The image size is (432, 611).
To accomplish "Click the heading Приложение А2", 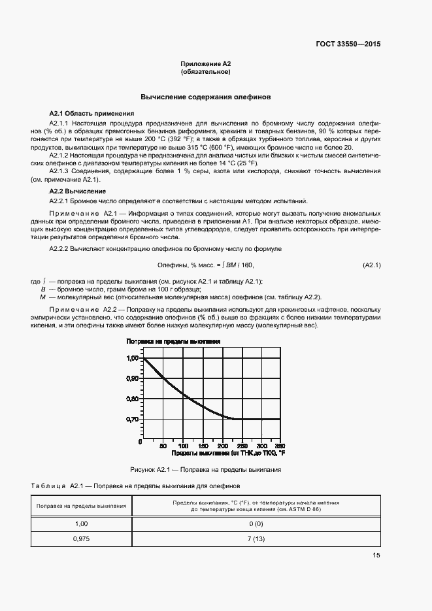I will point(207,63).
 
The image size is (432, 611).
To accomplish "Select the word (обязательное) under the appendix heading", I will point(207,71).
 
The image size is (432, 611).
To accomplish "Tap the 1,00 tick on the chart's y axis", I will point(133,358).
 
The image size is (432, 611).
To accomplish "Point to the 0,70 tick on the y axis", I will point(133,420).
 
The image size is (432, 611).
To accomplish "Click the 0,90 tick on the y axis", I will point(133,378).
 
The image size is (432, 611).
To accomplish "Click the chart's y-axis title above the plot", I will point(173,341).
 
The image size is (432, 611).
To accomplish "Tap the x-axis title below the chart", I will point(229,452).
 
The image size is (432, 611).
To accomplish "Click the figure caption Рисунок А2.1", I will point(206,469).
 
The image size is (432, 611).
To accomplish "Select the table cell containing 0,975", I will point(81,538).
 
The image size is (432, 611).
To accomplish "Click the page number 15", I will point(376,555).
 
